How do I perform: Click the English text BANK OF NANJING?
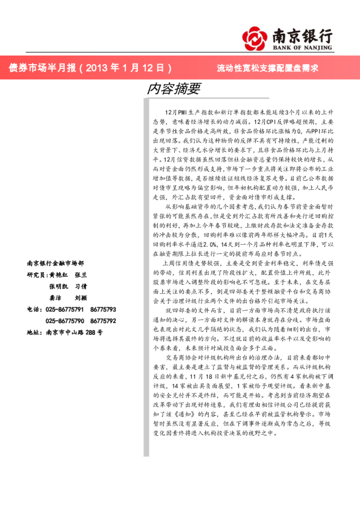click(303, 46)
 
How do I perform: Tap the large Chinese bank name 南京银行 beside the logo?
click(303, 34)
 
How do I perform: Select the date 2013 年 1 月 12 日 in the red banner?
click(125, 68)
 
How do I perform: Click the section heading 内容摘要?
click(174, 88)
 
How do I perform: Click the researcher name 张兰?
click(81, 275)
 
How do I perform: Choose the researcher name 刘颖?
click(81, 298)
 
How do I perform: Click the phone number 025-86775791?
click(65, 310)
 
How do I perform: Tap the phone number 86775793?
click(103, 310)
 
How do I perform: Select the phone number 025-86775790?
click(65, 321)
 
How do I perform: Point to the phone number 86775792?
click(103, 321)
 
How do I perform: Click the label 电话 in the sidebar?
click(34, 310)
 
